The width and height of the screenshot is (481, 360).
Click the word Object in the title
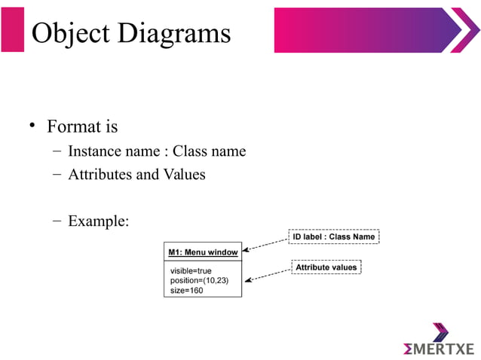(x=69, y=33)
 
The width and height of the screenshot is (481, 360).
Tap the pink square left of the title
(x=13, y=29)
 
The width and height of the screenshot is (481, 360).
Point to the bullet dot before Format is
(x=32, y=124)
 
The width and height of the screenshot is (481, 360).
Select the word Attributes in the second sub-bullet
(x=100, y=175)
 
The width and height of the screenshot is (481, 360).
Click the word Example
(x=99, y=221)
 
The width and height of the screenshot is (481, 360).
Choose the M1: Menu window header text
(x=203, y=252)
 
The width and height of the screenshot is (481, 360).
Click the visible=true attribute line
(x=191, y=270)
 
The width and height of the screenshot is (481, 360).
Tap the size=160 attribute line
(x=186, y=290)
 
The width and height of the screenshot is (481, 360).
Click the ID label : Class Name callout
(x=333, y=236)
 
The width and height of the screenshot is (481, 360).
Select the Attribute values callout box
(x=326, y=267)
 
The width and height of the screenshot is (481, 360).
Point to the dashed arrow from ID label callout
(x=266, y=243)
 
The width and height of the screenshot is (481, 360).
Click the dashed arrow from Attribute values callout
(x=268, y=274)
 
